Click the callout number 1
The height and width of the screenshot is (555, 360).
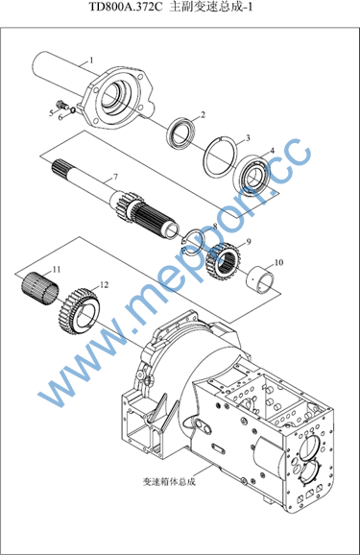[91, 60]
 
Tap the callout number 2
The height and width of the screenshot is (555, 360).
[203, 114]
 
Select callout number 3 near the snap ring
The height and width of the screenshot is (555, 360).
[248, 137]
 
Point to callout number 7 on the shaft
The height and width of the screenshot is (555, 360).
[115, 177]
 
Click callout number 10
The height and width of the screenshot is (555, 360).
[278, 262]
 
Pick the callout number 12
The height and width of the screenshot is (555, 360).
[104, 284]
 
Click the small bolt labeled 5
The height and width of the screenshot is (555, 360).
[62, 104]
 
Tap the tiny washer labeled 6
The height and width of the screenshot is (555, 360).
[73, 109]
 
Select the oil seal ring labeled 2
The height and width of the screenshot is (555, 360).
[180, 132]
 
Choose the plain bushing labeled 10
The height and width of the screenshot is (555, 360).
[260, 277]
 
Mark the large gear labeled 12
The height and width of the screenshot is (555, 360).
[79, 308]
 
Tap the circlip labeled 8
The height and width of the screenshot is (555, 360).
[192, 242]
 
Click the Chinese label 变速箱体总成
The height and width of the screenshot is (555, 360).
[169, 481]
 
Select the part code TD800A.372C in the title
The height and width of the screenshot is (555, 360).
[126, 7]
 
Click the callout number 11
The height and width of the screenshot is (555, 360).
[57, 270]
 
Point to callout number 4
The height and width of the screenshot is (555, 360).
[272, 151]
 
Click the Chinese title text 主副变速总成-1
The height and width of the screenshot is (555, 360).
[211, 7]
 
